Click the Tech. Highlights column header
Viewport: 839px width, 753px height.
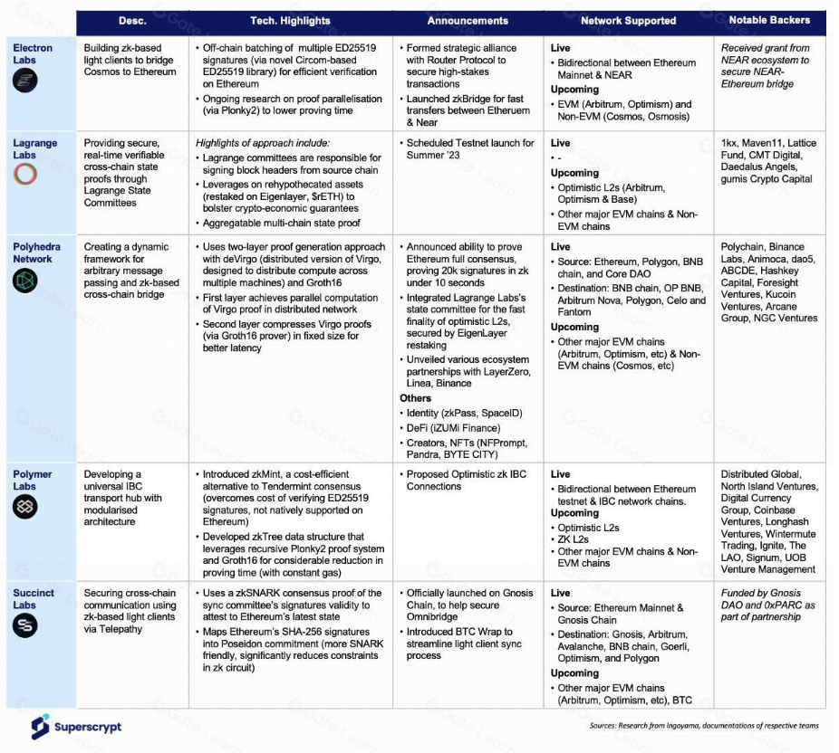coord(290,21)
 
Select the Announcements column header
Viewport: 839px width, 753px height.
coord(468,21)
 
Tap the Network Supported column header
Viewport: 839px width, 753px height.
coord(628,21)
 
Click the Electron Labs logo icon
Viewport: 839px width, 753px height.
coord(25,81)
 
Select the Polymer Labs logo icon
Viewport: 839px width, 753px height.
coord(25,508)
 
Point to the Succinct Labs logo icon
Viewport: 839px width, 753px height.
coord(25,626)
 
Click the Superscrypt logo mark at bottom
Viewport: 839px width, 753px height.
coord(39,726)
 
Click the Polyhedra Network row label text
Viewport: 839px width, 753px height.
coord(32,253)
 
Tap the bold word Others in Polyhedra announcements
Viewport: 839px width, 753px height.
coord(416,398)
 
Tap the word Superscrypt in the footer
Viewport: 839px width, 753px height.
coord(87,727)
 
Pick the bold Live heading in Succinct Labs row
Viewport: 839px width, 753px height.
coord(561,593)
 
